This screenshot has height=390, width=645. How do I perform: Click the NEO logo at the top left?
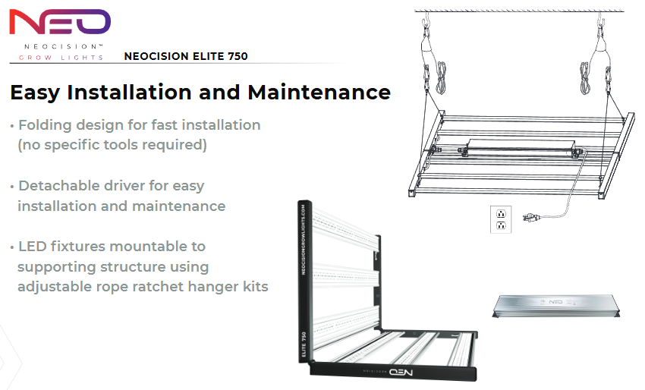[60, 22]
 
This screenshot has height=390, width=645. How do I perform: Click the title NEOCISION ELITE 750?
[186, 56]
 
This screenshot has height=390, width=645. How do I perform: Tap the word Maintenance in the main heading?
[319, 92]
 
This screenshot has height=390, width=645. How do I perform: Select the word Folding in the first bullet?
[46, 125]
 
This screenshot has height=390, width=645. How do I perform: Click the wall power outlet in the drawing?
[501, 219]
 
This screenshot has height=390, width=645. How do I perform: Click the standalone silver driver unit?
[556, 306]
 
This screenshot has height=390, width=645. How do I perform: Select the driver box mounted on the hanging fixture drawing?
[521, 147]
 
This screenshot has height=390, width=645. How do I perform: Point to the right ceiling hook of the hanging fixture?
[601, 20]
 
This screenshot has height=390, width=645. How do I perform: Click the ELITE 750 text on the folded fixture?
[304, 344]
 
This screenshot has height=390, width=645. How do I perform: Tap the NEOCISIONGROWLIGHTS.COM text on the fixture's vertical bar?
[304, 240]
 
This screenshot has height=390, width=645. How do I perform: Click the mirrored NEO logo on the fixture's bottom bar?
[401, 373]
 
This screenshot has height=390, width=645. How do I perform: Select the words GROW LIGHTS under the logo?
[61, 58]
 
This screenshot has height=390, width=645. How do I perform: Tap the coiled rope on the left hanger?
[442, 78]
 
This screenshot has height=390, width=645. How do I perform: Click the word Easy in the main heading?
[36, 93]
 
